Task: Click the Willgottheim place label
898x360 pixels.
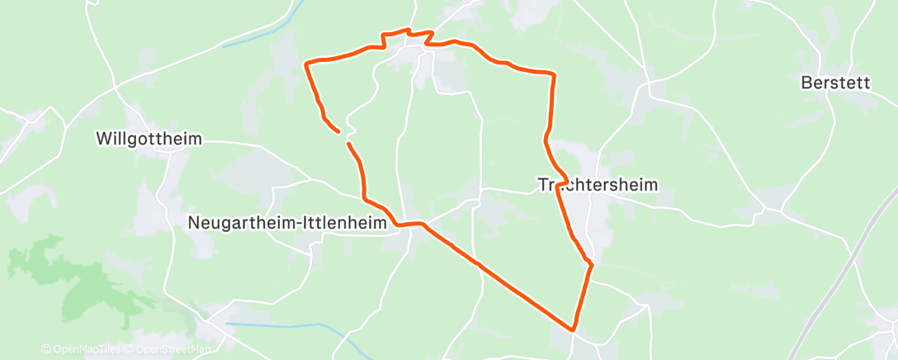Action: [x=149, y=139]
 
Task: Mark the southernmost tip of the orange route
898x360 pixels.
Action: [x=574, y=329]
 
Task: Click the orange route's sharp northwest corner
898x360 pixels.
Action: [x=307, y=63]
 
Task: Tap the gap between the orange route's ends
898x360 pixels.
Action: [x=344, y=137]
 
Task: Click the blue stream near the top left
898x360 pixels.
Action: [x=252, y=37]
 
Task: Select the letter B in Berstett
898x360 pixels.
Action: [x=806, y=83]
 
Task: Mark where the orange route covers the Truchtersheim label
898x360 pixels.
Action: [x=560, y=185]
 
